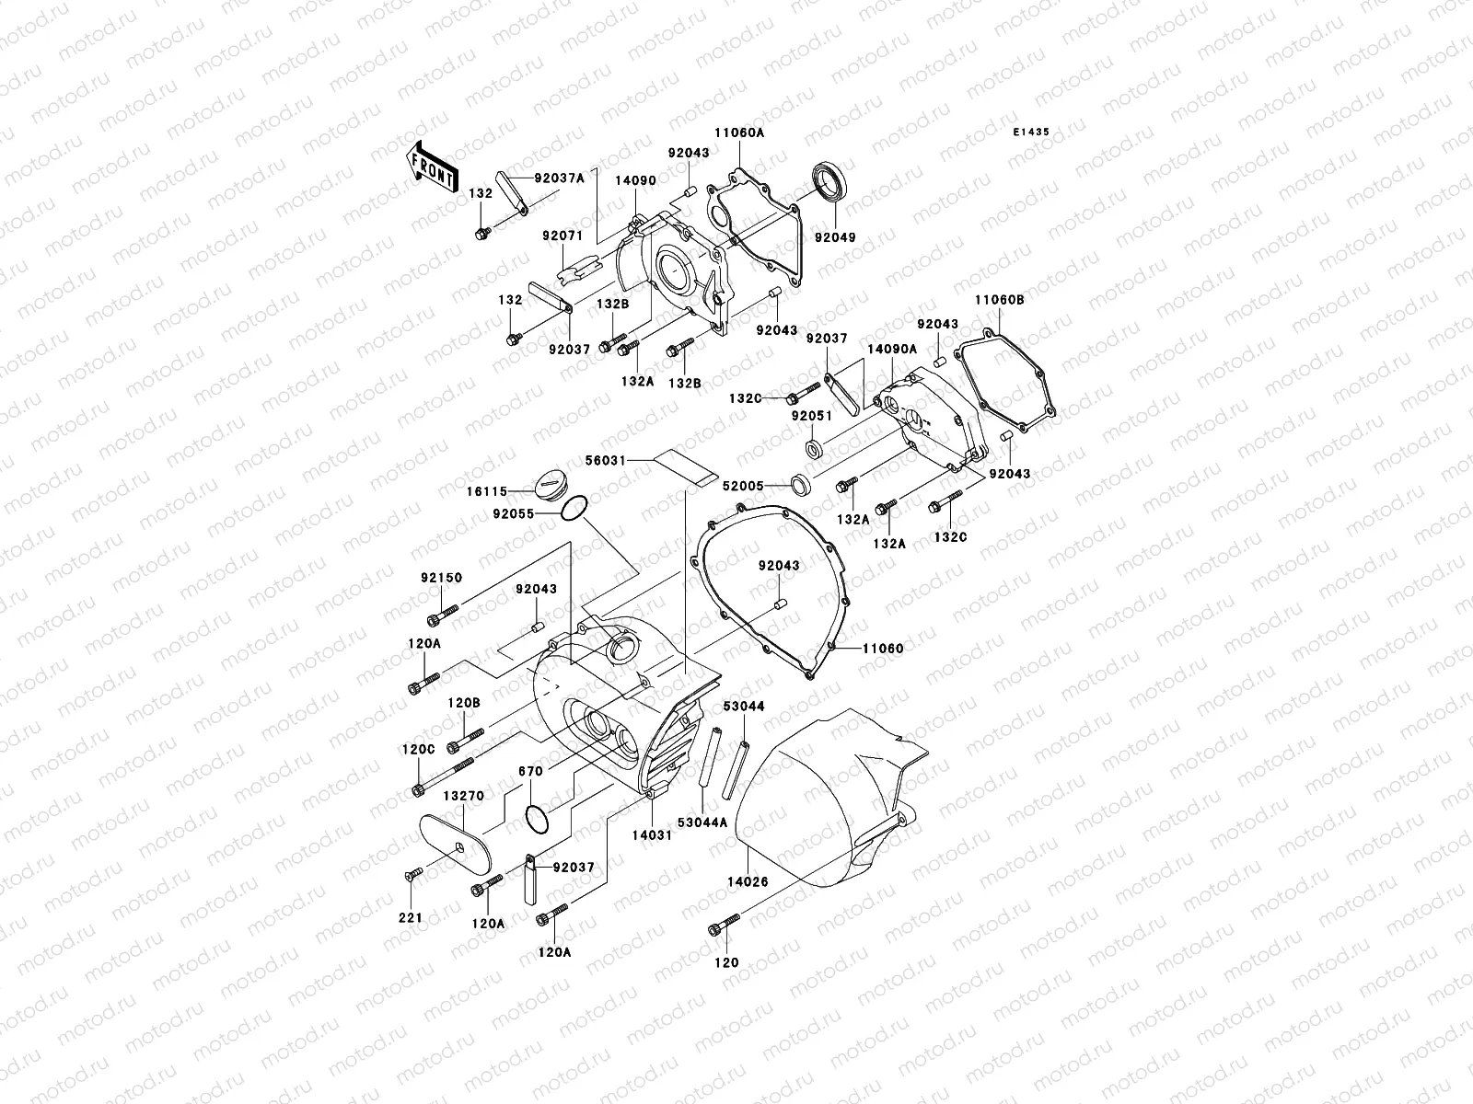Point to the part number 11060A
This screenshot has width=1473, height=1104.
740,132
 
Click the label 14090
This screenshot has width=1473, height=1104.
636,180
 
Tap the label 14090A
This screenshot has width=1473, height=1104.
892,349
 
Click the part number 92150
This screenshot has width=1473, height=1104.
443,578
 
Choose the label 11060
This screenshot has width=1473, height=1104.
883,648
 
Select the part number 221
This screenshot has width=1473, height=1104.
410,917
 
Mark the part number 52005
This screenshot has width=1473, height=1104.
744,485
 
